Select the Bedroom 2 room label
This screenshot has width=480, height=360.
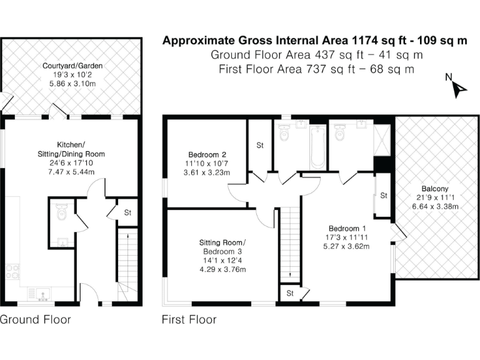click(207, 164)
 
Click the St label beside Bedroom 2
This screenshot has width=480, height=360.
click(259, 146)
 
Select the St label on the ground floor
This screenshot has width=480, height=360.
click(127, 212)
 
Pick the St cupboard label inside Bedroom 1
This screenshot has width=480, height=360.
click(382, 196)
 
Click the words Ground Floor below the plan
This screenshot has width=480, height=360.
click(36, 320)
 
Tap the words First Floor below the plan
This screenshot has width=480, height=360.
click(189, 320)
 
